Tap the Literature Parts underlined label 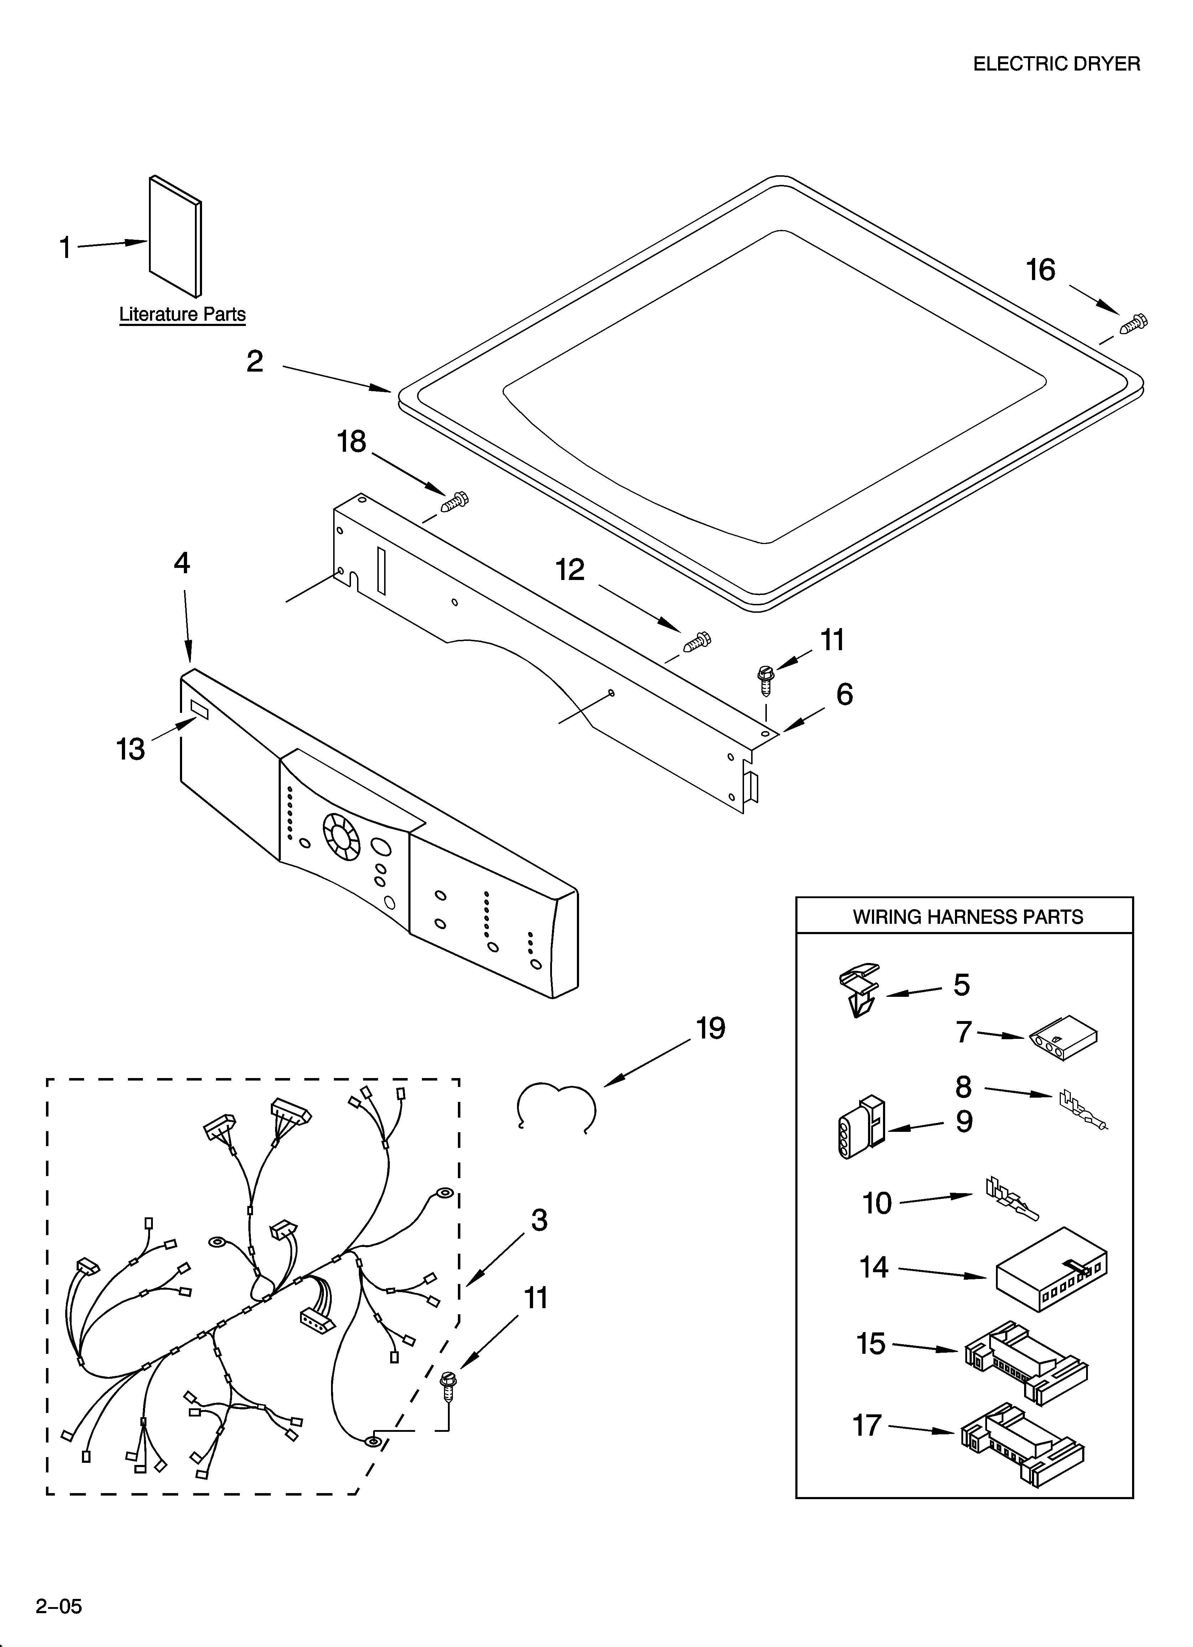182,315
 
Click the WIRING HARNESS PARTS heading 967,917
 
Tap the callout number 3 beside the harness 538,1220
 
